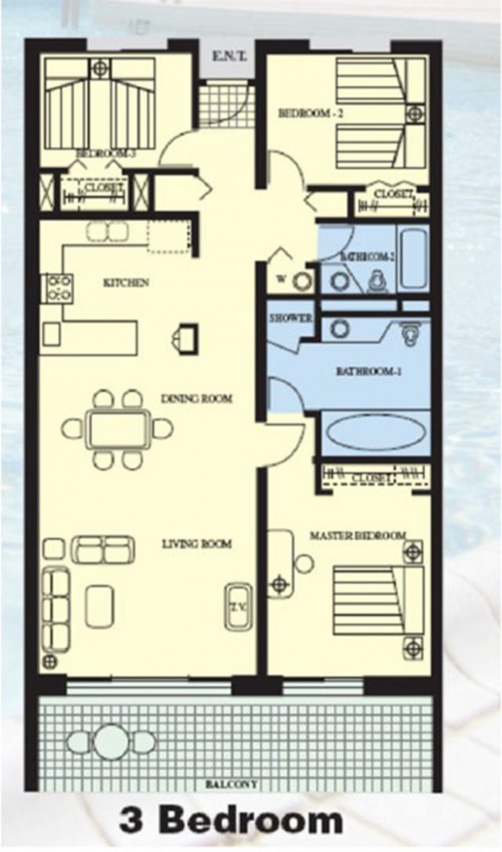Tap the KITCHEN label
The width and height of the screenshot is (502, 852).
[126, 283]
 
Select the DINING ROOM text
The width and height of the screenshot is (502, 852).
[197, 398]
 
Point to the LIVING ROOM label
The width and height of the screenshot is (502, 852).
[197, 543]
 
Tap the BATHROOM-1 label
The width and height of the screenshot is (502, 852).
[368, 371]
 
